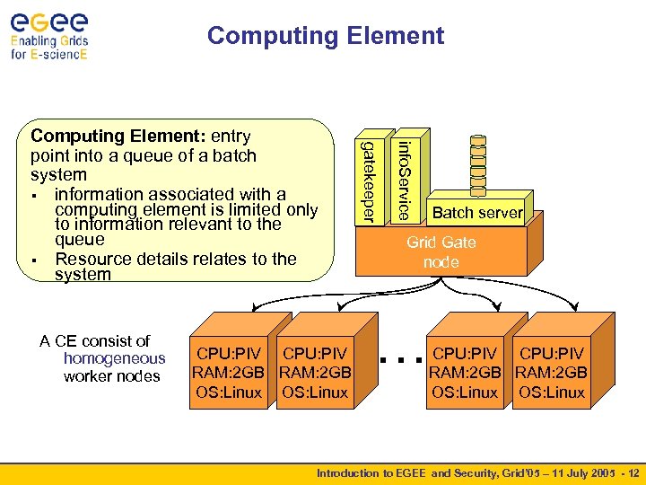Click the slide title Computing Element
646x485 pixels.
(325, 36)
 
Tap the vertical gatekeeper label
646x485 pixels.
(367, 181)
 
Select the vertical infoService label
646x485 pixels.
(405, 181)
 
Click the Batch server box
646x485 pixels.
(476, 213)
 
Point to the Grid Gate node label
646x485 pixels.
(441, 252)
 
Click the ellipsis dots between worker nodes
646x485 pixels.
(400, 361)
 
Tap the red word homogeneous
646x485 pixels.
(114, 358)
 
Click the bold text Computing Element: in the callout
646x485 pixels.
(118, 137)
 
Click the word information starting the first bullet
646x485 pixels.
(105, 194)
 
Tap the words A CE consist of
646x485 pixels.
(95, 341)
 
